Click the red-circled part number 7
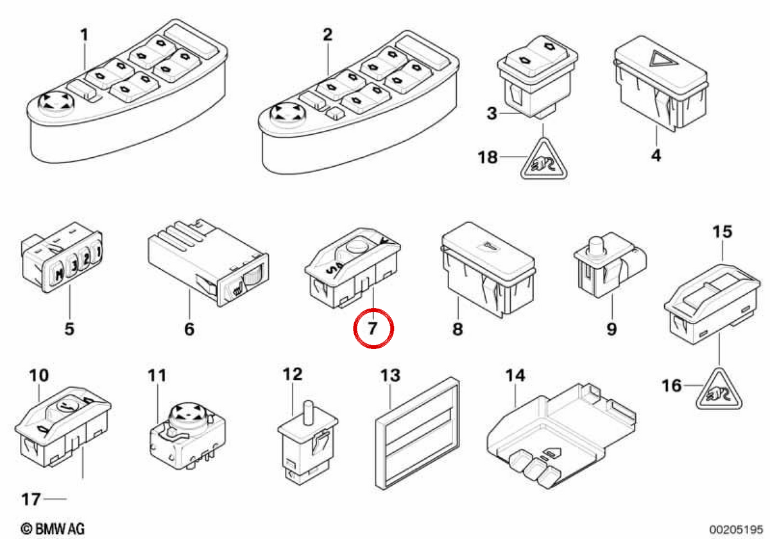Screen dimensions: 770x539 coord(373,329)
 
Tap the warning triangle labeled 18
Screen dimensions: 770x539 coord(543,160)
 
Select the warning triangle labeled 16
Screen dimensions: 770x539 coord(719,390)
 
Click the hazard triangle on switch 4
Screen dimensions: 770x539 coord(662,59)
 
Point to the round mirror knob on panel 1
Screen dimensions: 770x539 coord(56,103)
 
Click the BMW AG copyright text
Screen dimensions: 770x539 coord(53,528)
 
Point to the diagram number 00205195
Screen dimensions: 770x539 coord(736,528)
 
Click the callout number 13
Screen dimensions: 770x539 coord(391,376)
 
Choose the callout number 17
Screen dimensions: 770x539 coord(31,499)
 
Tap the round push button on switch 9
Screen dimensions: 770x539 coord(596,246)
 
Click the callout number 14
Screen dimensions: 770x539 coord(516,376)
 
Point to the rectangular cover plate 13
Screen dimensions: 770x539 coord(417,434)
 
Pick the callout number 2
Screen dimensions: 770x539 coord(328,35)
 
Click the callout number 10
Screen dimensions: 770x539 coord(39,376)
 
